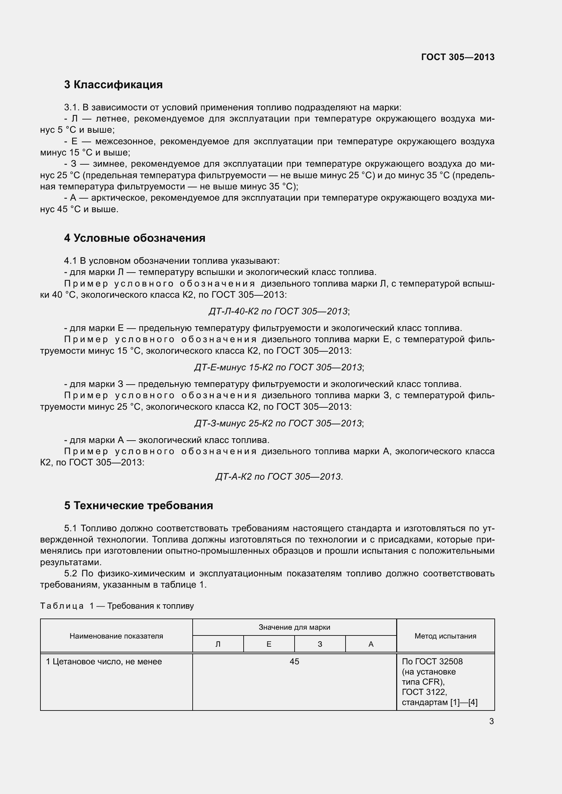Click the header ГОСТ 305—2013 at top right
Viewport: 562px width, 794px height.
pos(457,57)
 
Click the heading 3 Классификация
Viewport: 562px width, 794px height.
pos(113,85)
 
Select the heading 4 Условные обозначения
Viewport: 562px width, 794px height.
pos(135,238)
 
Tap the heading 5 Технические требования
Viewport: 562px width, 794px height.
pos(138,505)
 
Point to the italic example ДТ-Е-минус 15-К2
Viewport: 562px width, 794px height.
pos(279,367)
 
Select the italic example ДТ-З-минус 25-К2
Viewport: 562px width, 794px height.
pos(279,423)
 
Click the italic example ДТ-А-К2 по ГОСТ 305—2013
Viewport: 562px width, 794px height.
pos(279,477)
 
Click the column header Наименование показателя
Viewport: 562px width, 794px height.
pos(116,636)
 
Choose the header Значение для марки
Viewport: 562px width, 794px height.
pos(294,627)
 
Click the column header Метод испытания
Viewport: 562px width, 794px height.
pos(445,636)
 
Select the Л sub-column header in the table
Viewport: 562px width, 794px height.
pos(218,644)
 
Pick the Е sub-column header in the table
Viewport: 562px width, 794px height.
pos(269,644)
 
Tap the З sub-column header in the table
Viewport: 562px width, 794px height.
pos(320,644)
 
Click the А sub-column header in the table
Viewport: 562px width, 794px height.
pos(371,644)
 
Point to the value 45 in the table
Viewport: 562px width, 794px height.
pos(294,662)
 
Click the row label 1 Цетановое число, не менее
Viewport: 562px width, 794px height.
pos(104,662)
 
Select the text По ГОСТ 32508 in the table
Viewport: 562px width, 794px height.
pos(432,662)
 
